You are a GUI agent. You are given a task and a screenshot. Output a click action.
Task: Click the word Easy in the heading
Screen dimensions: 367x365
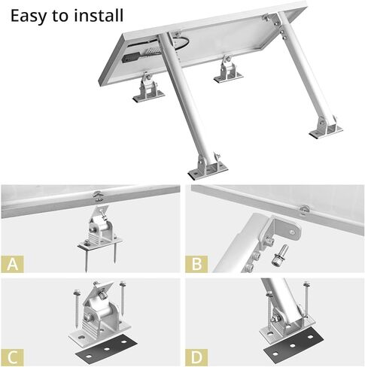(29, 15)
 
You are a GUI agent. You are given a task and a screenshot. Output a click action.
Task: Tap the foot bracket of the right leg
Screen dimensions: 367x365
(325, 129)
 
